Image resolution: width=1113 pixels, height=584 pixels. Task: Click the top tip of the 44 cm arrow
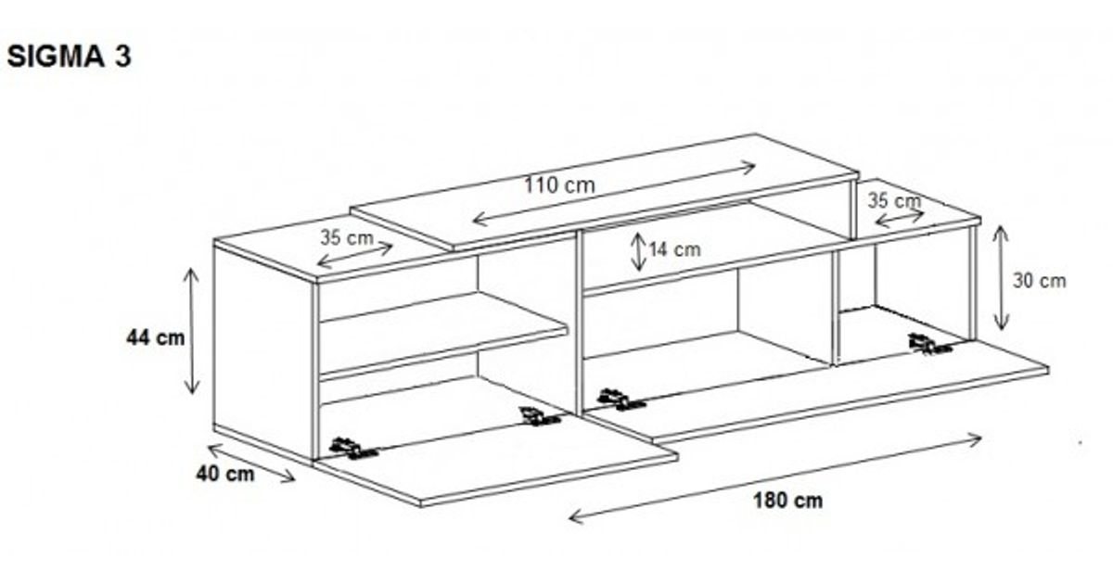[x=191, y=268]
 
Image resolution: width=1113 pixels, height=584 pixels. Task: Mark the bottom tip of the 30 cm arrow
[x=1001, y=331]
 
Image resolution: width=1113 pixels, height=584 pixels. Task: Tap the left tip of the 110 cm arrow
[x=472, y=220]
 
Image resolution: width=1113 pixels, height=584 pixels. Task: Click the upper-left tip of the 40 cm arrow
[x=208, y=447]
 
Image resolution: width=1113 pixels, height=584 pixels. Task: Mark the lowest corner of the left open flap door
[x=420, y=506]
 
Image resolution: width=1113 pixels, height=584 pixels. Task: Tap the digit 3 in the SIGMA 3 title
[x=122, y=57]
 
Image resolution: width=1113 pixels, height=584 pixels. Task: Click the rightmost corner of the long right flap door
[x=1049, y=369]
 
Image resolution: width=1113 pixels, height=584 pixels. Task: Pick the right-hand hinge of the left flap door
[x=539, y=416]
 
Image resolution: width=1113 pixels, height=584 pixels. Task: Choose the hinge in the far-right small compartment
[x=928, y=344]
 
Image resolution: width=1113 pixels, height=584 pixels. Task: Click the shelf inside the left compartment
[x=442, y=336]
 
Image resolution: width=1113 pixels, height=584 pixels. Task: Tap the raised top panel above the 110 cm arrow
[x=605, y=191]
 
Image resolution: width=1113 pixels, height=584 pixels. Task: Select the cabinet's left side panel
[x=264, y=350]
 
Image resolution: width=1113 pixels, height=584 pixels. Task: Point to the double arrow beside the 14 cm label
[x=638, y=252]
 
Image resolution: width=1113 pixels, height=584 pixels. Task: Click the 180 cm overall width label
[x=788, y=501]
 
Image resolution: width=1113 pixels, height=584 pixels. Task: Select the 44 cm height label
[x=155, y=338]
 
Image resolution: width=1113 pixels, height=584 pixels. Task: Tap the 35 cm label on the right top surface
[x=894, y=201]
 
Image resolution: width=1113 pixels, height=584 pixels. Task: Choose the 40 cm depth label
[x=225, y=475]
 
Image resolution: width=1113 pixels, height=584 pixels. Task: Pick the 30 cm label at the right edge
[x=1040, y=281]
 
